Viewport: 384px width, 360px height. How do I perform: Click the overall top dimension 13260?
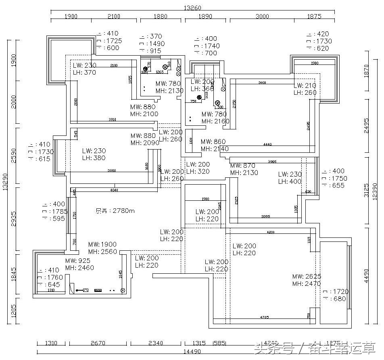(192, 8)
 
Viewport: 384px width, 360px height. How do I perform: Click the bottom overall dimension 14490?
(192, 352)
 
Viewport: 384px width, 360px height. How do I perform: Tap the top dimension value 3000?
(262, 17)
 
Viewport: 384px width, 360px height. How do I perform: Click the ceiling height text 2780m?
(115, 210)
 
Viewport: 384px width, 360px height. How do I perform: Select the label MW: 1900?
(102, 244)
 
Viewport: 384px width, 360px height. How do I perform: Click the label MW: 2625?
(307, 277)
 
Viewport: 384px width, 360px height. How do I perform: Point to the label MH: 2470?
(307, 284)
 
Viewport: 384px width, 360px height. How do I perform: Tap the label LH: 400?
(290, 181)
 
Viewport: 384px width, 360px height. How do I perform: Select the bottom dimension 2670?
(98, 343)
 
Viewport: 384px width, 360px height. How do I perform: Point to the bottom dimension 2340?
(155, 343)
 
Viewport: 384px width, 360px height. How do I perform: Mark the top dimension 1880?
(160, 17)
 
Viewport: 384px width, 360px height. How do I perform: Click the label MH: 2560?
(102, 252)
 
